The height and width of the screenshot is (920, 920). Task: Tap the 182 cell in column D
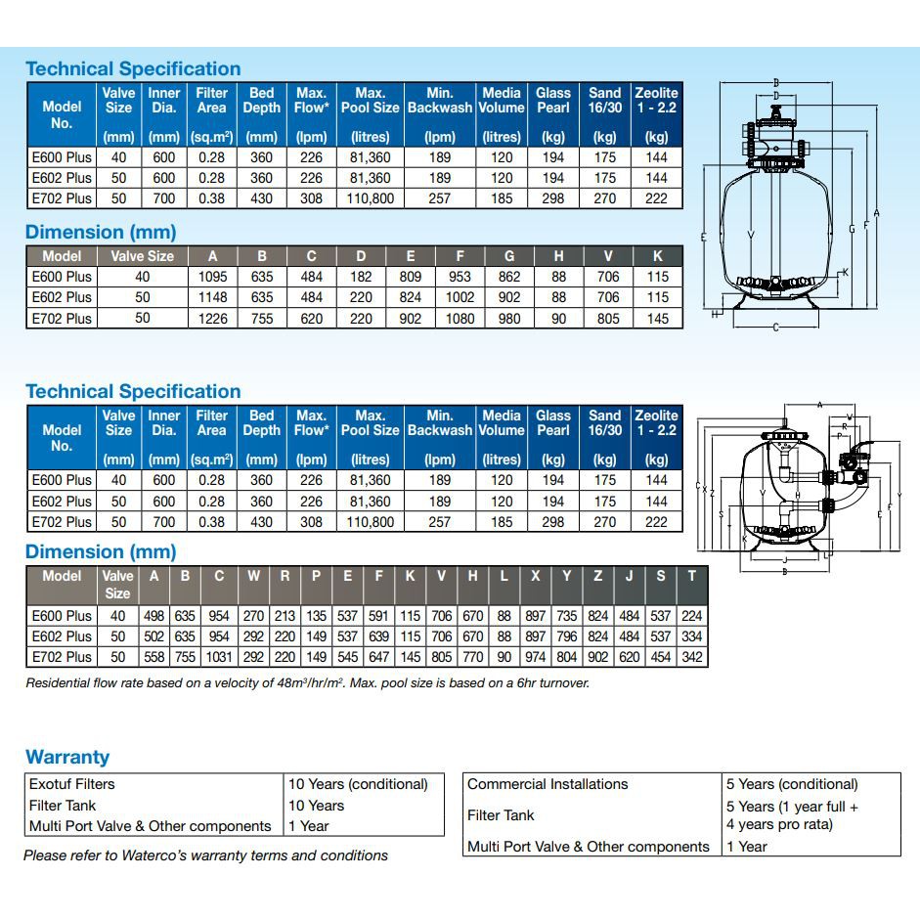361,277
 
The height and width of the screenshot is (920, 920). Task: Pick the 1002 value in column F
460,297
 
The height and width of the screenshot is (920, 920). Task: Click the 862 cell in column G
509,277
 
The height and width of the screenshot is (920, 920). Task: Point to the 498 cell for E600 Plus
153,616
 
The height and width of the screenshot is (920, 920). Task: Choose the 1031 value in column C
219,657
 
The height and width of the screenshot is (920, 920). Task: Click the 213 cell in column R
285,616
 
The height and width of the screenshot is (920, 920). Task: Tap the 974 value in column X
535,657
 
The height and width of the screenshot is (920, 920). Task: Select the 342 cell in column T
691,657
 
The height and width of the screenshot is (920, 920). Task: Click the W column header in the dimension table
253,576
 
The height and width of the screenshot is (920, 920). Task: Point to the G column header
509,256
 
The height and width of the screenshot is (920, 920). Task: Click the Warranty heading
67,757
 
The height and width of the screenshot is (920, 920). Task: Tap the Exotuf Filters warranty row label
72,784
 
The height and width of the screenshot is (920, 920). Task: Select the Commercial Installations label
548,784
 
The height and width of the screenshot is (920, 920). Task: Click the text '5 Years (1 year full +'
792,807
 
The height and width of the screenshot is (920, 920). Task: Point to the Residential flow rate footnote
307,683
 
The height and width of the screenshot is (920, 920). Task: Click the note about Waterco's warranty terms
206,855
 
